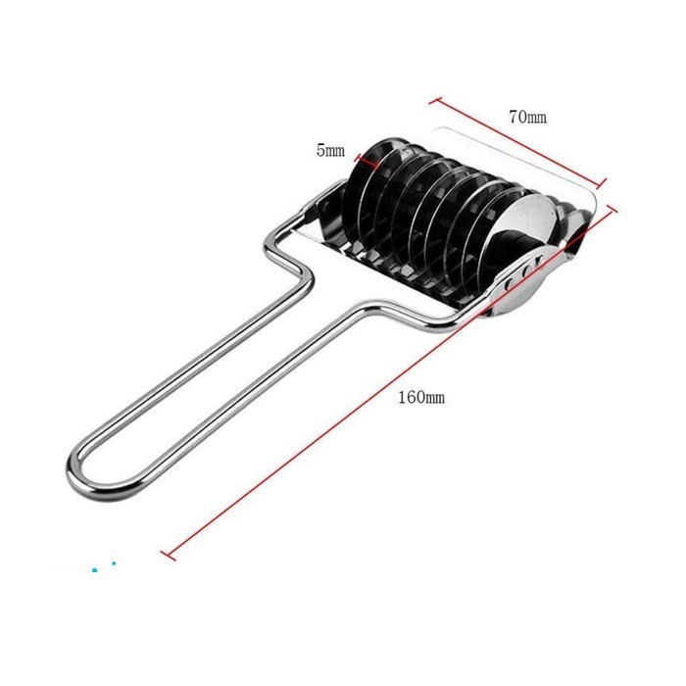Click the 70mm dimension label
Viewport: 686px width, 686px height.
[527, 117]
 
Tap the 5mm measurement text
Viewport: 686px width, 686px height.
[330, 151]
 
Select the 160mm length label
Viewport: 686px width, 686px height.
[421, 397]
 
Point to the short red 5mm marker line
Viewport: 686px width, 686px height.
[368, 161]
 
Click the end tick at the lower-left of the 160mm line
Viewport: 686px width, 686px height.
[168, 556]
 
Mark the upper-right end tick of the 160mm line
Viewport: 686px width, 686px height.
[610, 208]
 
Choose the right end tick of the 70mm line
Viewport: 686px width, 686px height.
[602, 183]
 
